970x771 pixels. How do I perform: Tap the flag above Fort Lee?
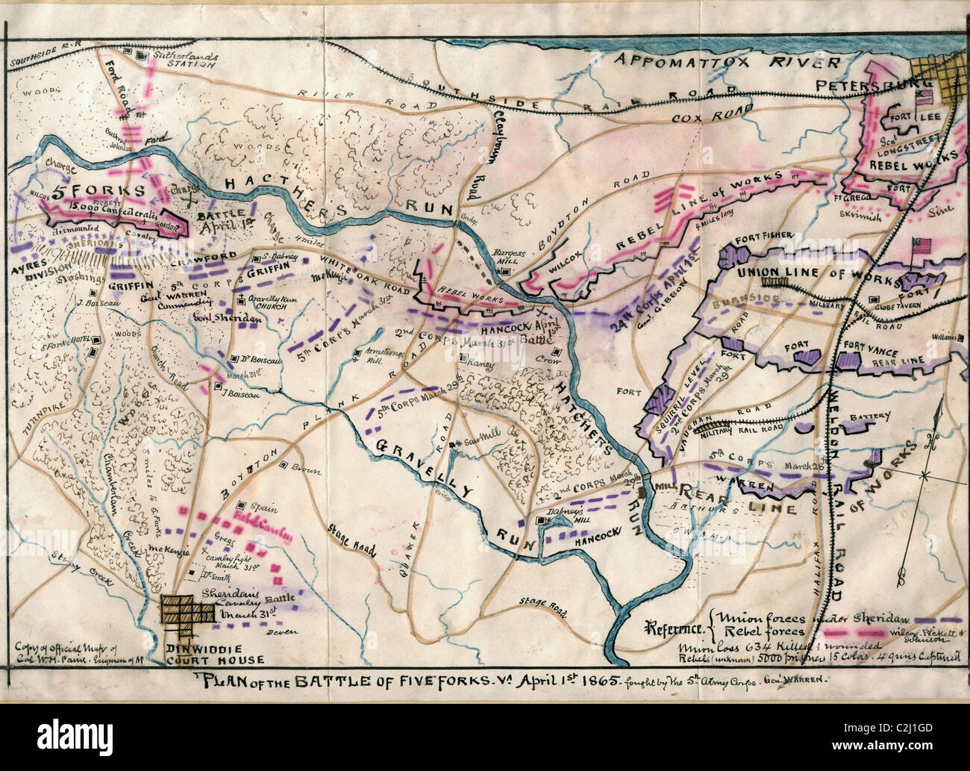pyautogui.click(x=924, y=97)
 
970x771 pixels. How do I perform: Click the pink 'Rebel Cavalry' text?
pyautogui.click(x=262, y=520)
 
